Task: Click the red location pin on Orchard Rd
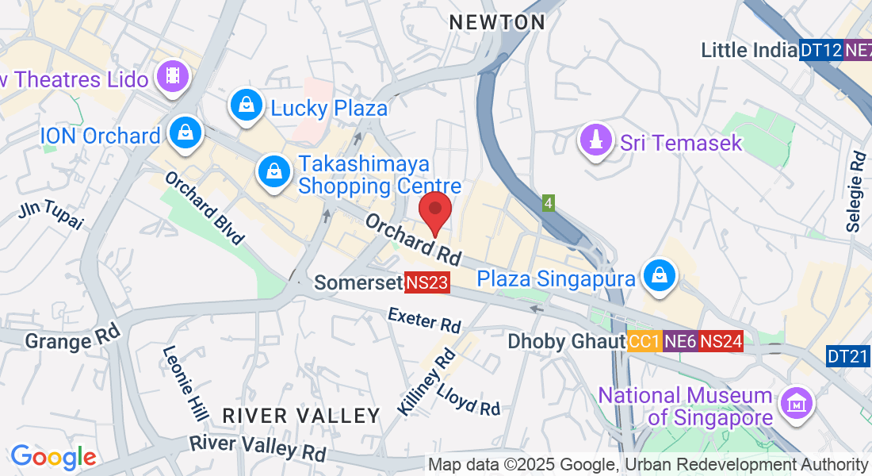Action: pyautogui.click(x=435, y=210)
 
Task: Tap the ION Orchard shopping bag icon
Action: pyautogui.click(x=185, y=133)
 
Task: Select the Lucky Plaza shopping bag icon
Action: pyautogui.click(x=247, y=105)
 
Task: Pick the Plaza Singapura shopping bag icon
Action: pyautogui.click(x=659, y=275)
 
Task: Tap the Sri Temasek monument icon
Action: pyautogui.click(x=597, y=140)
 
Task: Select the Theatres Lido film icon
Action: pyautogui.click(x=171, y=77)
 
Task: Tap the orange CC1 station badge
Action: pyautogui.click(x=644, y=341)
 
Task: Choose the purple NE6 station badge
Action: pyautogui.click(x=680, y=341)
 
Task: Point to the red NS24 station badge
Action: pyautogui.click(x=721, y=341)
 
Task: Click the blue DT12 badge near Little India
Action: pyautogui.click(x=820, y=50)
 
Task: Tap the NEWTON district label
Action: pyautogui.click(x=497, y=23)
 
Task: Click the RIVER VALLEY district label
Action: pyautogui.click(x=301, y=416)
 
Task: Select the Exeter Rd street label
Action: pyautogui.click(x=424, y=321)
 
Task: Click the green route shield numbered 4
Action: pyautogui.click(x=548, y=204)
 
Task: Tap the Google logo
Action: pyautogui.click(x=53, y=458)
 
